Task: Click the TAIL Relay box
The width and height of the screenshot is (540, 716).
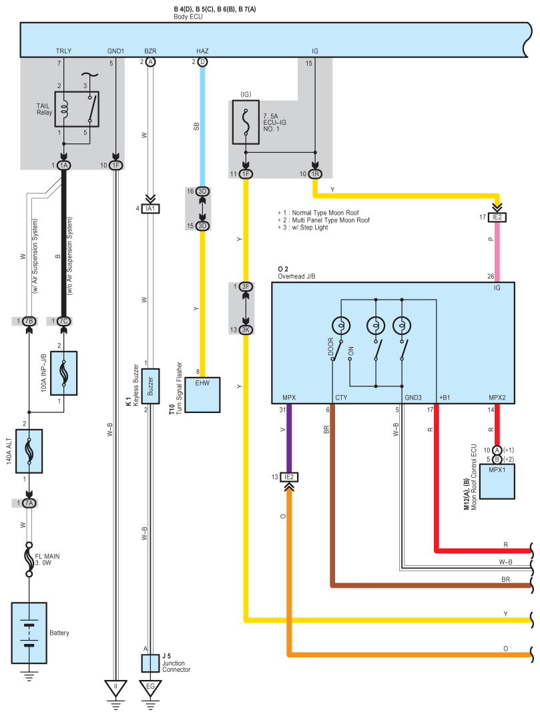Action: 77,109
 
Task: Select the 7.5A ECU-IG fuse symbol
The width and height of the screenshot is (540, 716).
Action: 246,122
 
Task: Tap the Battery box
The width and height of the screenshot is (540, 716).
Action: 29,633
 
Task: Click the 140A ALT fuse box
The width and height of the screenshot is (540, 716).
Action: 29,451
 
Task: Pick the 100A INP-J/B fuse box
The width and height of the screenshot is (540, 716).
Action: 63,373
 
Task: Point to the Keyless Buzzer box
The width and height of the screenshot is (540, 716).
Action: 150,386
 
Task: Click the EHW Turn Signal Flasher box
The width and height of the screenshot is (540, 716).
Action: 202,395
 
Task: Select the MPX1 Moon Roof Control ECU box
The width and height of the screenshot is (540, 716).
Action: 497,482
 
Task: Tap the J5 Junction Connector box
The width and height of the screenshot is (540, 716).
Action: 150,663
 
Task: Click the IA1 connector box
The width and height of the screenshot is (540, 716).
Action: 150,209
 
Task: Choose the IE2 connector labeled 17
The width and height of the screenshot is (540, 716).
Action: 497,218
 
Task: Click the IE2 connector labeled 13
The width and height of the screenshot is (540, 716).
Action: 289,477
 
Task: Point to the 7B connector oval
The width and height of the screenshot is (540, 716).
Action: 29,322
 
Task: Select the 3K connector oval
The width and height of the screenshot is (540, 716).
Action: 246,330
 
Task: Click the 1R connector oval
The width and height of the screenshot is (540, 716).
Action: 315,174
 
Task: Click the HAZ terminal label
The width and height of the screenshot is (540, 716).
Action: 202,51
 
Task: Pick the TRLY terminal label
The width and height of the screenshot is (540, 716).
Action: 63,51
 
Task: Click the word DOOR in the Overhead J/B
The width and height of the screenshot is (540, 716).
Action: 331,346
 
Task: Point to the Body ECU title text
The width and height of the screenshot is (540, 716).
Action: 188,17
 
